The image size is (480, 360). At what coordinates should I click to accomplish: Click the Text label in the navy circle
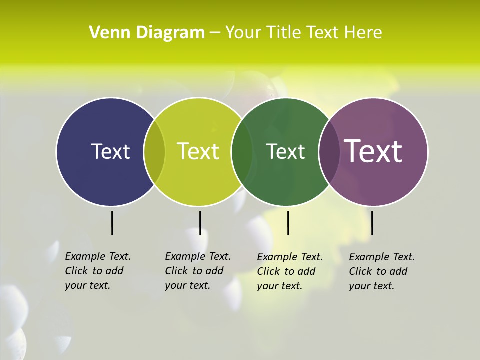(110, 151)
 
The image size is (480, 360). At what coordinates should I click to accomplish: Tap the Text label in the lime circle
(198, 151)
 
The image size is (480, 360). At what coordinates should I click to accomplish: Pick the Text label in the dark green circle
(285, 151)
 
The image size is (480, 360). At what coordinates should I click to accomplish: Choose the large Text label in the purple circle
(373, 151)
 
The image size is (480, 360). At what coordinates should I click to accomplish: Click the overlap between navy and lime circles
(154, 151)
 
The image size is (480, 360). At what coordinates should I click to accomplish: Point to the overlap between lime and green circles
(242, 151)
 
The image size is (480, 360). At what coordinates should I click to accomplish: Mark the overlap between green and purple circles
(328, 151)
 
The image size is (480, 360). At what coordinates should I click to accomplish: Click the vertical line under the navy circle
(112, 223)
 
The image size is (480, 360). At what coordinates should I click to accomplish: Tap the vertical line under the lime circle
(200, 223)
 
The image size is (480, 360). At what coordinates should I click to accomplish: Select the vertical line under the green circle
(288, 223)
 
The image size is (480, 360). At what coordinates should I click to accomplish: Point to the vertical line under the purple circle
(372, 223)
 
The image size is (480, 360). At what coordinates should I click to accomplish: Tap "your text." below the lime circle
(187, 285)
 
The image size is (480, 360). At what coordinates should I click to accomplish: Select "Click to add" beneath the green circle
(286, 271)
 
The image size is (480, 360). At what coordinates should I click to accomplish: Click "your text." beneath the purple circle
(371, 286)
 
